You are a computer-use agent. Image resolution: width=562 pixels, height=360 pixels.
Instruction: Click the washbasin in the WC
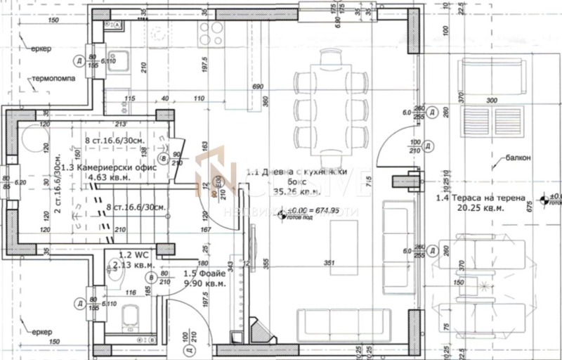pyautogui.click(x=110, y=264)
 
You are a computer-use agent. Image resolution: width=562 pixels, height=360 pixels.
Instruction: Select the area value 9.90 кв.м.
pyautogui.click(x=205, y=283)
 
